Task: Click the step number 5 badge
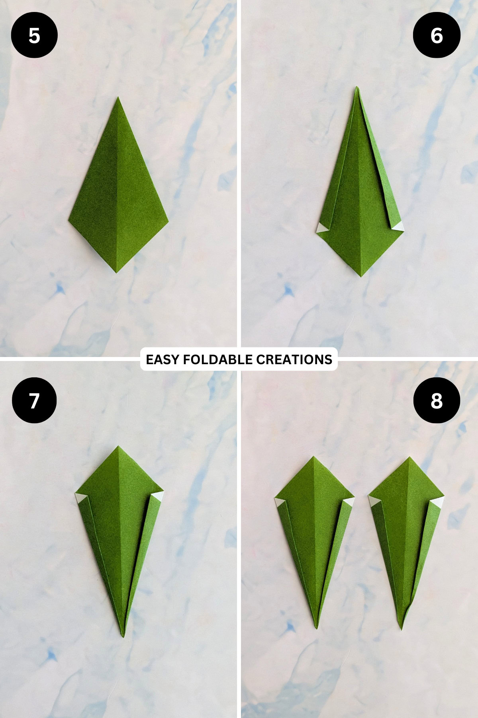(34, 36)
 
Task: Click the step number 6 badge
(437, 36)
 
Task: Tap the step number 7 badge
(34, 400)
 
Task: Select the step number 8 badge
(437, 400)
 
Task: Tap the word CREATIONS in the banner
(294, 359)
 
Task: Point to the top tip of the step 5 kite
(118, 98)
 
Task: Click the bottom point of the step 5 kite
(116, 272)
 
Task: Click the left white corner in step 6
(321, 228)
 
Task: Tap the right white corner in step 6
(399, 227)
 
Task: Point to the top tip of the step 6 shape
(357, 87)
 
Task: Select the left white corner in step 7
(81, 498)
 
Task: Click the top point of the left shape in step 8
(313, 457)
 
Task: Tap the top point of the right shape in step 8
(409, 458)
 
